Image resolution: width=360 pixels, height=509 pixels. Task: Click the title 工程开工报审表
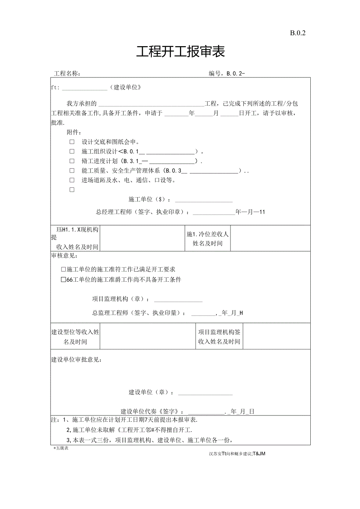click(180, 52)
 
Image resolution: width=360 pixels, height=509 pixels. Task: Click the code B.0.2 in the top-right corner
click(297, 33)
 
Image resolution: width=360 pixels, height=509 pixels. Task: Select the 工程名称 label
click(67, 74)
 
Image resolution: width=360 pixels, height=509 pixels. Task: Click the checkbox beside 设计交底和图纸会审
click(72, 142)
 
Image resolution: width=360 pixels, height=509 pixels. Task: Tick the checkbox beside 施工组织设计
click(72, 151)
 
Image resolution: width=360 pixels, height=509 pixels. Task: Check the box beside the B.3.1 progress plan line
click(72, 161)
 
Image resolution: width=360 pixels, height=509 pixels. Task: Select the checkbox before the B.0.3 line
click(72, 171)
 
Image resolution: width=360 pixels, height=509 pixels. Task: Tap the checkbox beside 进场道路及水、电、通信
click(72, 180)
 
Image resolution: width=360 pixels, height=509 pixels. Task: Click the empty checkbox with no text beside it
click(72, 190)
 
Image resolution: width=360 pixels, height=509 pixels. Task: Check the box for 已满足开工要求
click(64, 269)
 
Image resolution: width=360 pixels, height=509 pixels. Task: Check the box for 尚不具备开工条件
click(64, 279)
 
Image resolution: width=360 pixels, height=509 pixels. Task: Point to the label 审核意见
click(64, 255)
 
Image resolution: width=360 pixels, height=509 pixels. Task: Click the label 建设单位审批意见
click(76, 360)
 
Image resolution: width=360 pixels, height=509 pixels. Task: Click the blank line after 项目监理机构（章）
click(178, 300)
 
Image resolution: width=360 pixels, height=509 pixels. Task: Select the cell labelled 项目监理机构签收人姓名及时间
click(219, 336)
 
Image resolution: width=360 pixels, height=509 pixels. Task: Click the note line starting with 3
click(150, 439)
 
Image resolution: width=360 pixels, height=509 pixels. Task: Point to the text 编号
click(215, 74)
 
